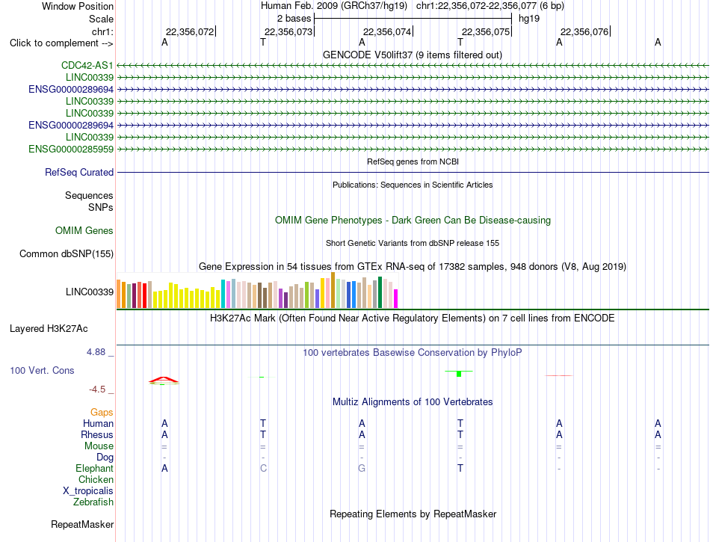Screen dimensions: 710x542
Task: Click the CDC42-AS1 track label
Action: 87,65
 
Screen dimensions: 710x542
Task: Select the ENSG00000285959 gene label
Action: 71,149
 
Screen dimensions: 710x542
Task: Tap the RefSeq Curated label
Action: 79,172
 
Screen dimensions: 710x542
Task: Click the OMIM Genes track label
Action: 84,230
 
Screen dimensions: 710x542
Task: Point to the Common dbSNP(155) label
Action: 67,253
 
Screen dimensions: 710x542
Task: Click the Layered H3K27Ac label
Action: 49,329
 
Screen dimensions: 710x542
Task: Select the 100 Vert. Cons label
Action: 42,370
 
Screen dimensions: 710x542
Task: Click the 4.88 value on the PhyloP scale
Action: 96,352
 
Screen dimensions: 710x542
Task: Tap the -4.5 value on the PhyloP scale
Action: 97,389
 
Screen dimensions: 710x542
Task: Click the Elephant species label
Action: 95,468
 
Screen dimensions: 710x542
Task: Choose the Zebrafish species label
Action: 93,502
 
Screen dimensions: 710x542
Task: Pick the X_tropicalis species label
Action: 88,491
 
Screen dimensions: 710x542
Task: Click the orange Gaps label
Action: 102,412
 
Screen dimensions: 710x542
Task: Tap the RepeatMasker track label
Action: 82,524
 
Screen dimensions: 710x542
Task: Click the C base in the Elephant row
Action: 263,468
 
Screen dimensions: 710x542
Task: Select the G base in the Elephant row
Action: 361,468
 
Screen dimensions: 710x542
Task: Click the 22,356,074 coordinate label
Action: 387,31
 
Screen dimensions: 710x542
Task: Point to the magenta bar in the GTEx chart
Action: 396,299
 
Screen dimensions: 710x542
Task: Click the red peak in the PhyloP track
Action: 164,381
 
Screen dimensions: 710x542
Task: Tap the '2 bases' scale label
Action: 294,19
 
